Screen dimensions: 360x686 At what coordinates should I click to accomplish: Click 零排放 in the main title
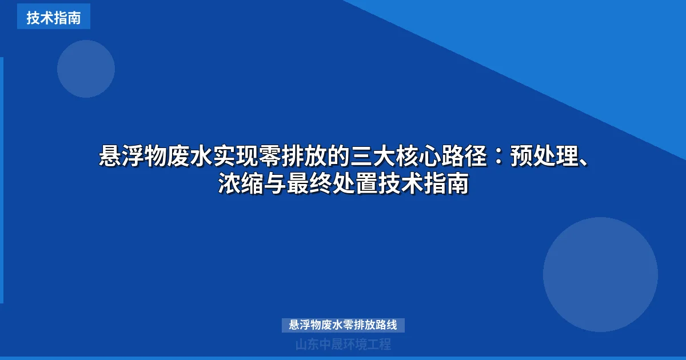click(x=279, y=155)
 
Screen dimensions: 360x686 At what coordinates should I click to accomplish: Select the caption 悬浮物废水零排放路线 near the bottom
click(x=343, y=325)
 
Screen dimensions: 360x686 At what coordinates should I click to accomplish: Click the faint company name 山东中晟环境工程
click(x=343, y=344)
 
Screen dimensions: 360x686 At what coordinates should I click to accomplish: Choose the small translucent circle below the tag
click(x=86, y=69)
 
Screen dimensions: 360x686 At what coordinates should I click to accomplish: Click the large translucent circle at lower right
click(x=600, y=274)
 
